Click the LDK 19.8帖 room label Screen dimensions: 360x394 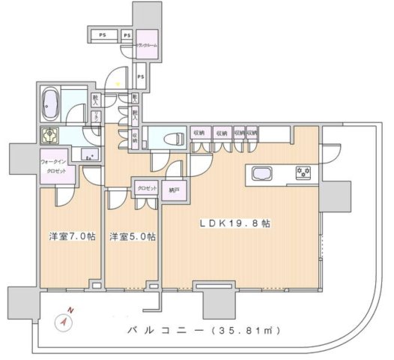click(236, 223)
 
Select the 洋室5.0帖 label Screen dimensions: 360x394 click(132, 237)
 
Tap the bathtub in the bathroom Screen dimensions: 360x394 click(51, 103)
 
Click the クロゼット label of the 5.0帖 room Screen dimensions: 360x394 click(145, 189)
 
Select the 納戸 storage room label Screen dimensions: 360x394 click(174, 189)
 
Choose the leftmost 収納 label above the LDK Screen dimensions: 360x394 click(198, 133)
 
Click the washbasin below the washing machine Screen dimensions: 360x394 click(88, 157)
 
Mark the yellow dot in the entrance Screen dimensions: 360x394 click(117, 83)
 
